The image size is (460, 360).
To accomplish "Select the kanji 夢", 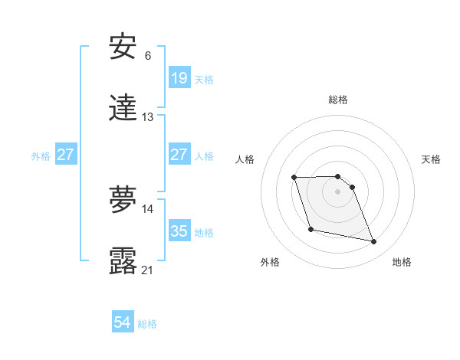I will tap(123, 200).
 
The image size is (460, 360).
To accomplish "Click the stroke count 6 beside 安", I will tap(147, 55).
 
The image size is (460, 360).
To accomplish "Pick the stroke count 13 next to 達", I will tap(147, 117).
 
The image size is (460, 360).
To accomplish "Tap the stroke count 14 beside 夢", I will tap(147, 208).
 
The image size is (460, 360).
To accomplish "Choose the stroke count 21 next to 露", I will tap(147, 270).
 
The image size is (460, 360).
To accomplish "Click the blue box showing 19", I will tap(179, 78).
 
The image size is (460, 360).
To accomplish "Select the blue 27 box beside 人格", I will tap(179, 155).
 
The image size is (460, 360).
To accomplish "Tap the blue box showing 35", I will tap(179, 231).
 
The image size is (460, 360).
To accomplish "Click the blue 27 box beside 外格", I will tap(66, 155).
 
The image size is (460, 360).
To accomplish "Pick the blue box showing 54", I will tap(123, 322).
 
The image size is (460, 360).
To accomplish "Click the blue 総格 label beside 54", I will tap(147, 324).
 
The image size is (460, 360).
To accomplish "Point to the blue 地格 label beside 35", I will tap(204, 233).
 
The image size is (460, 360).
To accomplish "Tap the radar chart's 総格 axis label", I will tap(337, 100).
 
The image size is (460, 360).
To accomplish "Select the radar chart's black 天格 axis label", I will tap(431, 159).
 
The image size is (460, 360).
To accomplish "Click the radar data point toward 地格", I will tap(374, 242).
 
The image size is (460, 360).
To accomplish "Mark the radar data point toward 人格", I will tap(294, 178).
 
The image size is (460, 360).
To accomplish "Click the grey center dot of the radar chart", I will tap(337, 191).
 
